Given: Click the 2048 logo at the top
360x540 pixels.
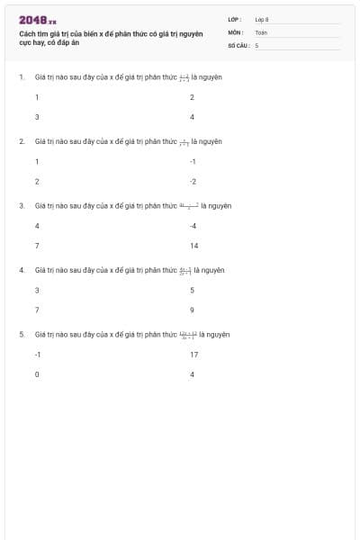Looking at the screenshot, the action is pos(38,20).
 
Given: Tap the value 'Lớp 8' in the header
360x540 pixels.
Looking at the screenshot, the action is pos(262,19).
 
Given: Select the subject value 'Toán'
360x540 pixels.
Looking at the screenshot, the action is pos(261,31).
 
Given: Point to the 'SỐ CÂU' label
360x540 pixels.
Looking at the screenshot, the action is pos(238,44).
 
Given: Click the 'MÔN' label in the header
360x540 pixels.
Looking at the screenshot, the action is pos(236,31).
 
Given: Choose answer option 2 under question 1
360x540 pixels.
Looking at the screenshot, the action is pos(192,96).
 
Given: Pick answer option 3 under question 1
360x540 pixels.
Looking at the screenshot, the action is pos(37,117).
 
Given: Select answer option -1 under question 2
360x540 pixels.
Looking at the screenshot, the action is pos(193,161).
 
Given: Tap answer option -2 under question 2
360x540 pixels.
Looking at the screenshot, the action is pos(193,181).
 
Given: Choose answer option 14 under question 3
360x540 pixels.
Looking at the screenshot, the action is pos(193,246).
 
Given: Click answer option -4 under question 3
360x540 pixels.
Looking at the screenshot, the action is pos(193,225).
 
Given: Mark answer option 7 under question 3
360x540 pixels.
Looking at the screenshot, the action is pos(37,246).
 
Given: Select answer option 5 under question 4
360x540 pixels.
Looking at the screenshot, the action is pos(192,290).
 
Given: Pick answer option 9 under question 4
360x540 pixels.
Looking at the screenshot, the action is pos(192,310).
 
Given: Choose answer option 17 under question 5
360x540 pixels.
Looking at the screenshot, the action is pos(193,355).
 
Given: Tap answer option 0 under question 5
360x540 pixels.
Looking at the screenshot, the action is pos(37,374).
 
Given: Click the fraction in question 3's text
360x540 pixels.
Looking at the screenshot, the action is pos(189,205).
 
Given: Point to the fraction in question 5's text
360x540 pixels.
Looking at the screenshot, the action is pos(188,335).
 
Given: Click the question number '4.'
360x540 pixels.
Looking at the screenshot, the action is pos(22,270).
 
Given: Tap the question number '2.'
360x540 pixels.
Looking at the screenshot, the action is pos(22,141).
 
